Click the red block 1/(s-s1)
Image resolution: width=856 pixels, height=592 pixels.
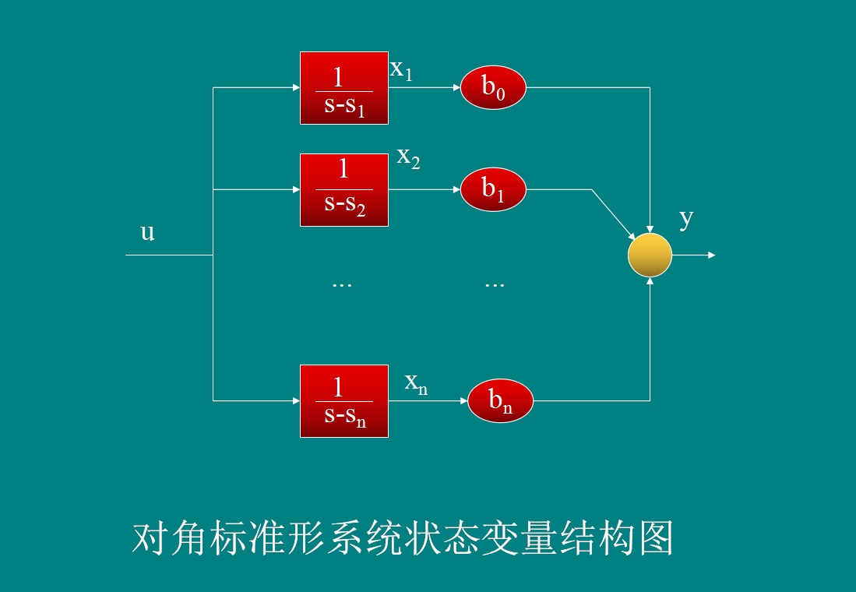(343, 88)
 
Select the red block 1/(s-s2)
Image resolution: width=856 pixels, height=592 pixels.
(343, 190)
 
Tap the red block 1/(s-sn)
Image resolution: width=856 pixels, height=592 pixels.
(343, 401)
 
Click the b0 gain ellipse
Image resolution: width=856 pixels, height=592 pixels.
(493, 87)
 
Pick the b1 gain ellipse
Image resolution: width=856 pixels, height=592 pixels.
(493, 189)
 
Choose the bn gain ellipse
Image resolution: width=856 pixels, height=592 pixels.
(500, 400)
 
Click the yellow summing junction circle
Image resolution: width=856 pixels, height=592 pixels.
(650, 255)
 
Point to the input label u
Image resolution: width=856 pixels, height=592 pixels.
(147, 232)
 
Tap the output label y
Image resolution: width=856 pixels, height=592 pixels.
(685, 219)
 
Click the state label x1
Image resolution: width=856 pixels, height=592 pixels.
(400, 70)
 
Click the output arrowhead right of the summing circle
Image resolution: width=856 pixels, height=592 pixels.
(710, 255)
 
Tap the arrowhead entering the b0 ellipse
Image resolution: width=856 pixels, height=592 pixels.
(456, 87)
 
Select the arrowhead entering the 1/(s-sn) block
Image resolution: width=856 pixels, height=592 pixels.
(295, 401)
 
